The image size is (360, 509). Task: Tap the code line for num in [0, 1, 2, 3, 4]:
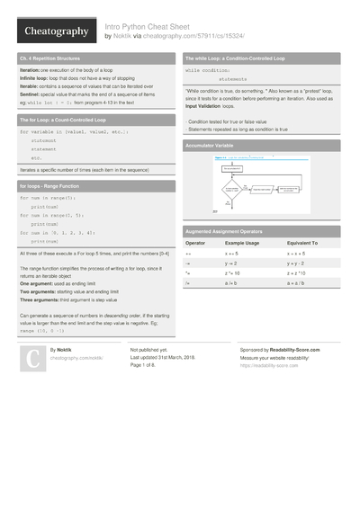60,233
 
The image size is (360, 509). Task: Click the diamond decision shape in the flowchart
230,189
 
